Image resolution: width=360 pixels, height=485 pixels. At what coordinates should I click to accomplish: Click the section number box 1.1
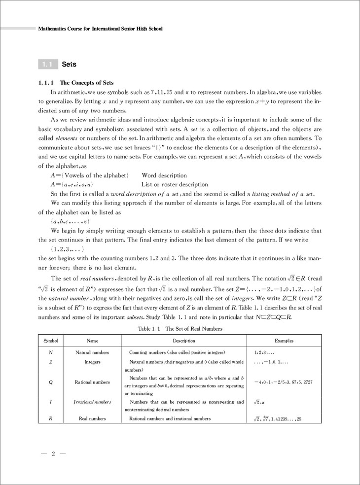[47, 64]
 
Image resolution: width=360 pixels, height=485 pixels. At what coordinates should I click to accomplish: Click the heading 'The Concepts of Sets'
[86, 83]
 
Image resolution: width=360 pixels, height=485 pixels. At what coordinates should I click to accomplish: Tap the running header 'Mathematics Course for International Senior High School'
[101, 29]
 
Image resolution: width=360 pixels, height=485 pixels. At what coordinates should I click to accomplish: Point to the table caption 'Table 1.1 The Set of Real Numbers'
[180, 328]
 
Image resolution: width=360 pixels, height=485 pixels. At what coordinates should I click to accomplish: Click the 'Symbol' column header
[51, 341]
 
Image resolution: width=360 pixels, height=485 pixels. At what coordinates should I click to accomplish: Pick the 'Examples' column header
[284, 341]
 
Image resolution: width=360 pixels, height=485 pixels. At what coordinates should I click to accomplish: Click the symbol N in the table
[51, 353]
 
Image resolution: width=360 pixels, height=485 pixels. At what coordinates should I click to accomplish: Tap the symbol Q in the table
[51, 382]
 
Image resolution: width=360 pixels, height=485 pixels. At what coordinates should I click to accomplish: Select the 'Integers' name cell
[92, 362]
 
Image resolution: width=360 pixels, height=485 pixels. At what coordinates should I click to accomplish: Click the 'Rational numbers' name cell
[92, 382]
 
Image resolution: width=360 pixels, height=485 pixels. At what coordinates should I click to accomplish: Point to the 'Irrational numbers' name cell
[92, 402]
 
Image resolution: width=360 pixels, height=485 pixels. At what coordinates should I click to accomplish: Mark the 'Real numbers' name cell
[92, 419]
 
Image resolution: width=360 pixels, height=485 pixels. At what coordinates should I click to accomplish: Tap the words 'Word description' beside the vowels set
[164, 175]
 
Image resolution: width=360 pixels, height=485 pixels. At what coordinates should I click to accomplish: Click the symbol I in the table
[51, 402]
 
